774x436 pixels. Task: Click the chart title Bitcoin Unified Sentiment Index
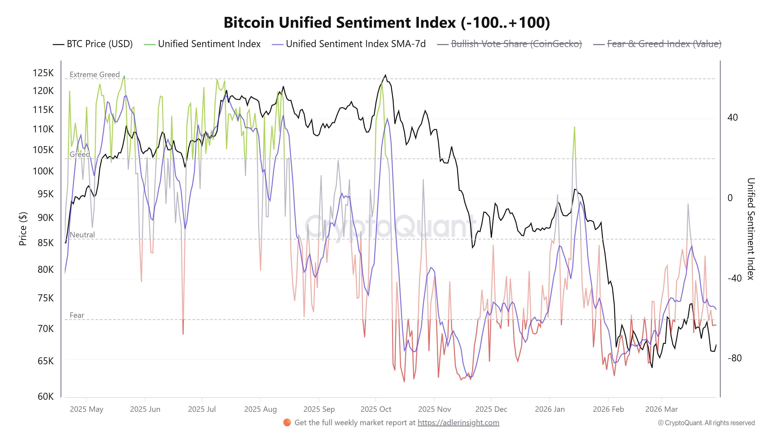[x=387, y=22]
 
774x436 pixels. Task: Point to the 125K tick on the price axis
[x=43, y=73]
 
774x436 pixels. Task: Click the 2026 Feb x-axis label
[x=608, y=409]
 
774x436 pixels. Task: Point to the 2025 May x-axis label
[x=86, y=409]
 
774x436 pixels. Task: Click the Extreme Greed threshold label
[x=95, y=74]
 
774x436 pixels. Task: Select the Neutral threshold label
[x=82, y=235]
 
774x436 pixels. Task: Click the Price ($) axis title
[x=23, y=229]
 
